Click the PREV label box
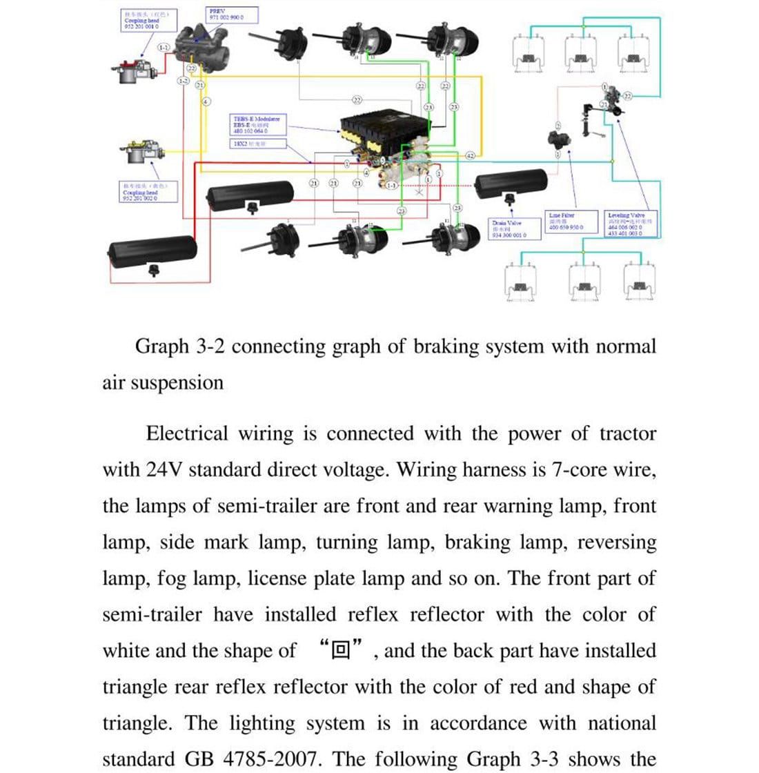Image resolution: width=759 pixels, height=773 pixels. coord(232,15)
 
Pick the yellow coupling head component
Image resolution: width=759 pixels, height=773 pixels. coord(142,153)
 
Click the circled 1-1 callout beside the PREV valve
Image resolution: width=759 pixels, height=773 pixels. coord(163,48)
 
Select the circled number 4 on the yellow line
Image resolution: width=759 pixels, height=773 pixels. coord(206,101)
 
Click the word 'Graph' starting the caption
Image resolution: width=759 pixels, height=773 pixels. coord(161,346)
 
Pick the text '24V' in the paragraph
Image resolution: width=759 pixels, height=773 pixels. coord(163,470)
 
